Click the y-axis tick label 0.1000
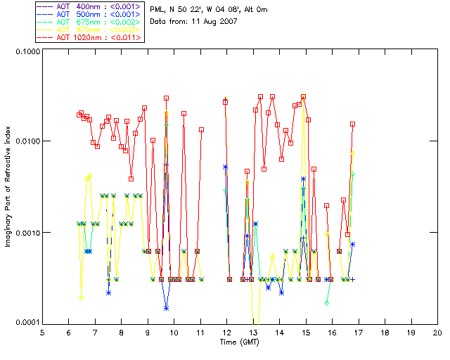pyautogui.click(x=26, y=52)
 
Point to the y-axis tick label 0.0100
pyautogui.click(x=26, y=142)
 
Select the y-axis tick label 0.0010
pyautogui.click(x=26, y=233)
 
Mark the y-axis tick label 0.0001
pyautogui.click(x=26, y=323)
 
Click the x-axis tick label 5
pyautogui.click(x=42, y=333)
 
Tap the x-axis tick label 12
pyautogui.click(x=227, y=333)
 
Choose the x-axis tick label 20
pyautogui.click(x=438, y=333)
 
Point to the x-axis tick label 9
pyautogui.click(x=148, y=333)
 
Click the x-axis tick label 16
pyautogui.click(x=333, y=333)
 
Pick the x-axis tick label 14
pyautogui.click(x=280, y=333)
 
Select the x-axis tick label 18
pyautogui.click(x=385, y=333)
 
